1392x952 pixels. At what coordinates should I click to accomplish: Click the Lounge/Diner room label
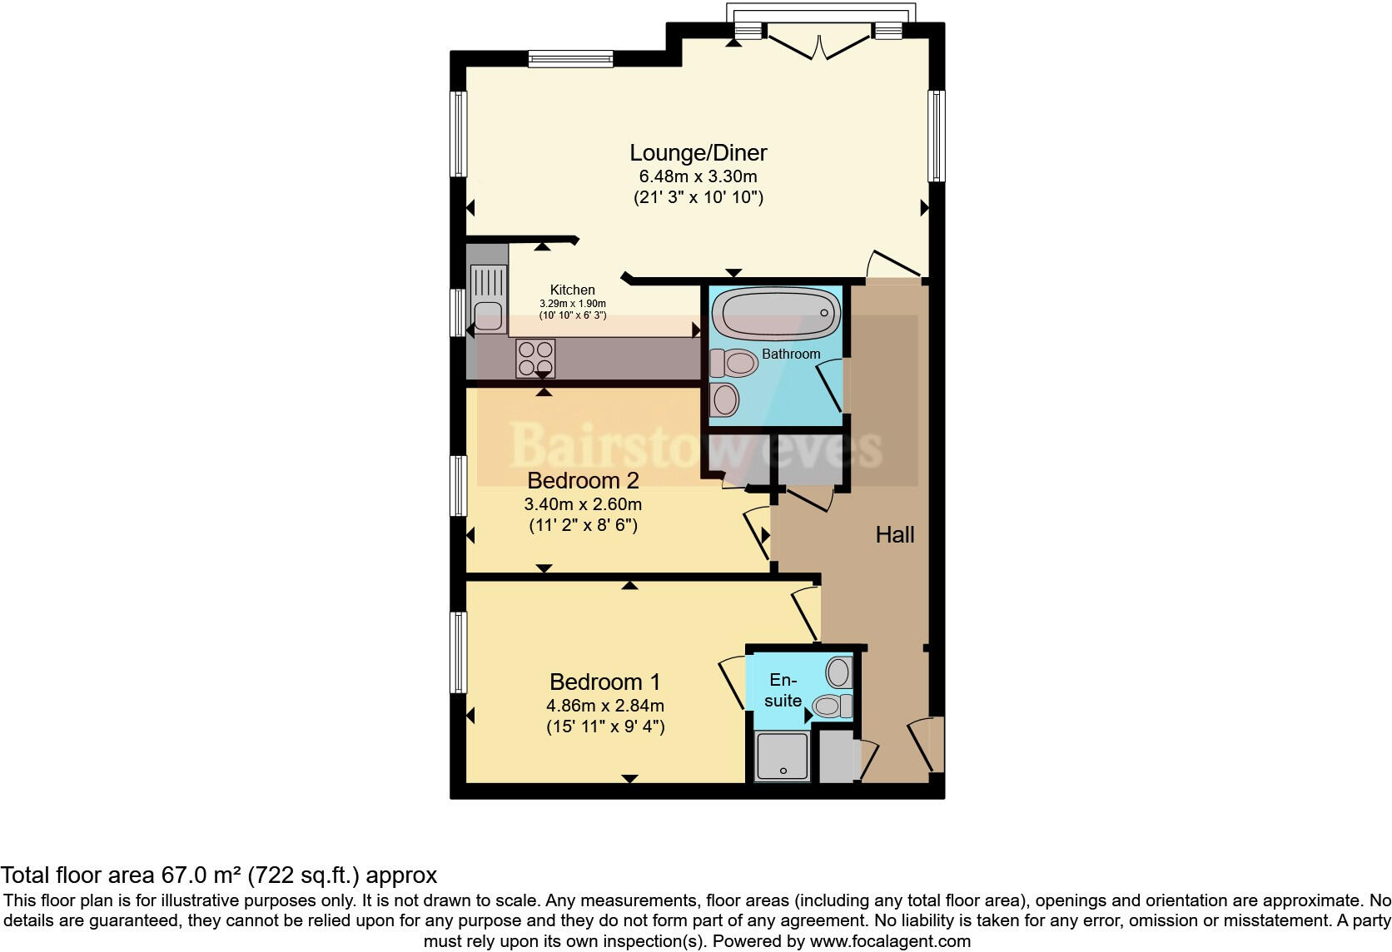[x=698, y=153]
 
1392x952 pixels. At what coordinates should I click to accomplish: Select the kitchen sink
[x=488, y=300]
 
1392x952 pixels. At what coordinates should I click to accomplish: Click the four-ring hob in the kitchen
[x=535, y=359]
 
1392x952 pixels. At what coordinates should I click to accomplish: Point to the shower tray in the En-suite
[x=782, y=756]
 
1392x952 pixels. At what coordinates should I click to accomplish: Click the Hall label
[x=895, y=535]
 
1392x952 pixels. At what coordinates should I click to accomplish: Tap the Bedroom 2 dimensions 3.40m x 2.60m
[x=583, y=504]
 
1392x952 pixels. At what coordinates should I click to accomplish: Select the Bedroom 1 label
[x=604, y=682]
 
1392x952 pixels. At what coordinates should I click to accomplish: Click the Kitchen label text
[x=573, y=290]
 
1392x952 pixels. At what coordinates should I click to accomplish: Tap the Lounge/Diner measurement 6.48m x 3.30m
[x=698, y=176]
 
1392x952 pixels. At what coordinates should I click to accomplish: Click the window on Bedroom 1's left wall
[x=458, y=652]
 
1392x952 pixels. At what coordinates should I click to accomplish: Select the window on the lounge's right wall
[x=936, y=136]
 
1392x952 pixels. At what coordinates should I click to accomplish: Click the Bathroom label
[x=791, y=355]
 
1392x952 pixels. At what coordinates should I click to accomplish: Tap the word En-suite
[x=783, y=691]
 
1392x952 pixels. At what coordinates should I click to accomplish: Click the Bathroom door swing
[x=830, y=386]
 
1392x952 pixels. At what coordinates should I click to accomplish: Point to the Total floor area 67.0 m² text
[x=218, y=875]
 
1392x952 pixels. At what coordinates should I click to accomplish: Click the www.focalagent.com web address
[x=890, y=942]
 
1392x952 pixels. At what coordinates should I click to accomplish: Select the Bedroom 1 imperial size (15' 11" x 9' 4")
[x=605, y=726]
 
